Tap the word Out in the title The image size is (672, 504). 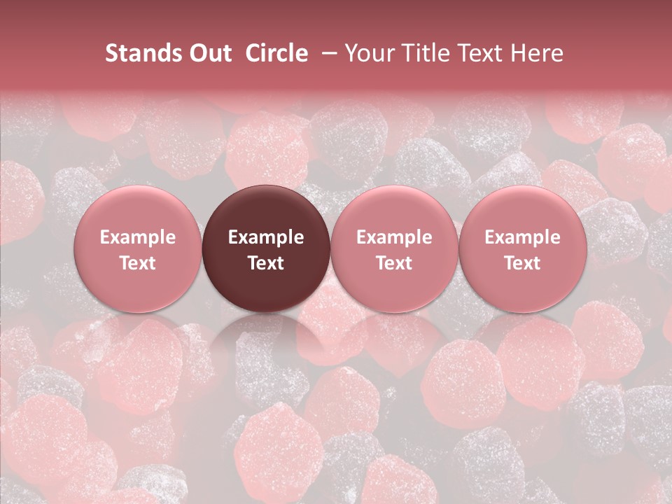point(208,54)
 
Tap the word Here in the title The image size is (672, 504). point(537,54)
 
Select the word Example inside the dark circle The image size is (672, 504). point(266,237)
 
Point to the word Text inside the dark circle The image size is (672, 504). point(266,263)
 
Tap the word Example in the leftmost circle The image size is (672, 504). point(138,237)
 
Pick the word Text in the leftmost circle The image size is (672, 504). point(138,263)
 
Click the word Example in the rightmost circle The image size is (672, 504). point(522,237)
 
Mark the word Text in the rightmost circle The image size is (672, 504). point(522,263)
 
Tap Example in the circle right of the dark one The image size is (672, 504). point(394,237)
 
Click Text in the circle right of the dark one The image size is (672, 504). point(394,263)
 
